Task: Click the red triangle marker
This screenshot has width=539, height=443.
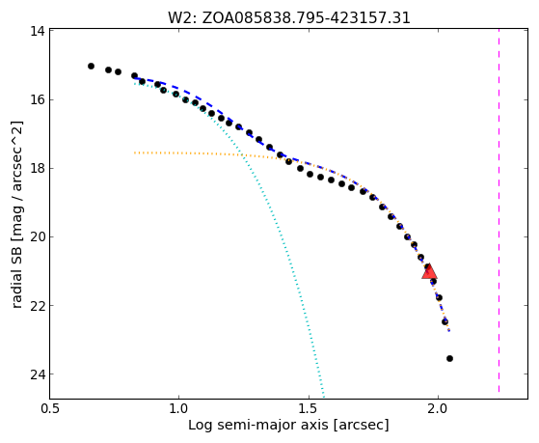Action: click(429, 271)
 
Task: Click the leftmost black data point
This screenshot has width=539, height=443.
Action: click(91, 66)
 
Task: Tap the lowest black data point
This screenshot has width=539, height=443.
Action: click(449, 359)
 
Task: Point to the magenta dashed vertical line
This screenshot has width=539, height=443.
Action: click(499, 210)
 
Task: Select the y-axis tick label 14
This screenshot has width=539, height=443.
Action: click(38, 31)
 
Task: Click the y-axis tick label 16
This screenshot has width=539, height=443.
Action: click(38, 99)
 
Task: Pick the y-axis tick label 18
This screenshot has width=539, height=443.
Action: click(38, 168)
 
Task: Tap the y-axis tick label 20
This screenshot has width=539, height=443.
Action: click(38, 236)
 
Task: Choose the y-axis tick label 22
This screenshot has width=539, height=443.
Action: click(38, 305)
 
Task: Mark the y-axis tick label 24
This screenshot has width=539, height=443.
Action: click(38, 374)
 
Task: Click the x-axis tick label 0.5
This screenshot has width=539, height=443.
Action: click(49, 409)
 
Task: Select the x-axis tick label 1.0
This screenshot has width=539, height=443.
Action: click(178, 409)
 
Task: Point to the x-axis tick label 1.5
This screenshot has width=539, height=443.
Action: click(309, 409)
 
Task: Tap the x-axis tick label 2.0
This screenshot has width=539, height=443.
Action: click(438, 409)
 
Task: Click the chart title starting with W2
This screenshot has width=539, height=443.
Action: click(289, 17)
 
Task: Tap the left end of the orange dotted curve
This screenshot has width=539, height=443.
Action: click(135, 152)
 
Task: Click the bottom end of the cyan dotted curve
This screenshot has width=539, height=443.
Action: click(323, 395)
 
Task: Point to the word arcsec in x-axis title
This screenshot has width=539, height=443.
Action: click(362, 426)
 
